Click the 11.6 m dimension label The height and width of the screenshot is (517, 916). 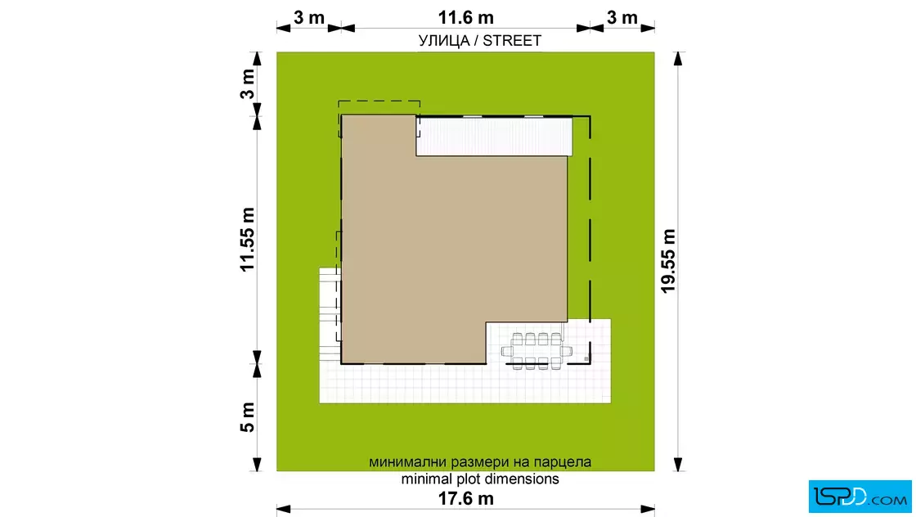(465, 17)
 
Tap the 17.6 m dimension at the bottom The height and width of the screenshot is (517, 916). (465, 498)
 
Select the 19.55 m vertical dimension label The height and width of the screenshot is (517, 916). (667, 261)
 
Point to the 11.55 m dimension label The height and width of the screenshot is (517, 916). (248, 240)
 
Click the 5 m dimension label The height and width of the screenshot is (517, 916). (248, 417)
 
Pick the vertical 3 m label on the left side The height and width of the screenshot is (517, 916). (248, 84)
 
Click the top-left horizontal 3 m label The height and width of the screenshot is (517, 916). (309, 17)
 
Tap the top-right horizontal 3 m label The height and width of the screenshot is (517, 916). (622, 17)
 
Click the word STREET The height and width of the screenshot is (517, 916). (512, 41)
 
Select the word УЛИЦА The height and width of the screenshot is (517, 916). (444, 41)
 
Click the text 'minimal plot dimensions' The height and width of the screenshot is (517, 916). (479, 479)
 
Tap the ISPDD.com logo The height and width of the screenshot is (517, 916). (860, 497)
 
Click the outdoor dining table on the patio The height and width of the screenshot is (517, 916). (537, 351)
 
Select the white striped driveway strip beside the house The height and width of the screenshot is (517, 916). (494, 137)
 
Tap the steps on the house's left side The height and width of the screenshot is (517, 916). (330, 315)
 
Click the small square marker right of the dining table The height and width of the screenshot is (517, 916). (586, 358)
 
